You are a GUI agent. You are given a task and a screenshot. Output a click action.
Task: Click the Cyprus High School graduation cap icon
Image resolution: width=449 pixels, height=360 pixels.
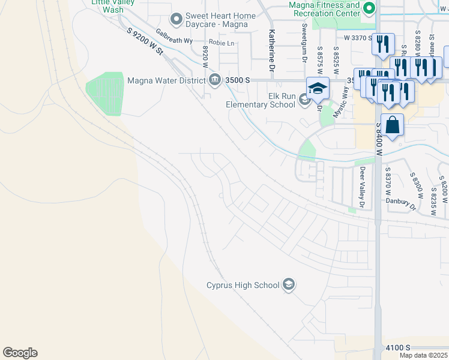pyautogui.click(x=289, y=284)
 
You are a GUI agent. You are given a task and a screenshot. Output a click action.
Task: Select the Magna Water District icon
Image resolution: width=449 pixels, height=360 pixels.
pyautogui.click(x=215, y=80)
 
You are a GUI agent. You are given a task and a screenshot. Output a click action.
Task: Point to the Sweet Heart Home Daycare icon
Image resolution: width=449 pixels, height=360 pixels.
pyautogui.click(x=176, y=20)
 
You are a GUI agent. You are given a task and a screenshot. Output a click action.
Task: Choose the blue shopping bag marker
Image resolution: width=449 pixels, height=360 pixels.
pyautogui.click(x=392, y=125)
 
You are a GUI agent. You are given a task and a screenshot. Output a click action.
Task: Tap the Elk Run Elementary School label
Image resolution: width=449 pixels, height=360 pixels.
pyautogui.click(x=261, y=100)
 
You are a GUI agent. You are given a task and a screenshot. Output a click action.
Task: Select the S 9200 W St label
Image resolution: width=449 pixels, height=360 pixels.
pyautogui.click(x=145, y=41)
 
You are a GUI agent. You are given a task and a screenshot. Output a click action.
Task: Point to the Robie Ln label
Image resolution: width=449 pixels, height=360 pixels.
pyautogui.click(x=221, y=44)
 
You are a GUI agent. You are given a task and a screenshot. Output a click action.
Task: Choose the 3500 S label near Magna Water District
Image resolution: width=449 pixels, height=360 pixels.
pyautogui.click(x=238, y=80)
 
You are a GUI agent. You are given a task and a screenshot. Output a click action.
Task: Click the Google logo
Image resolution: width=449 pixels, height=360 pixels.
pyautogui.click(x=20, y=353)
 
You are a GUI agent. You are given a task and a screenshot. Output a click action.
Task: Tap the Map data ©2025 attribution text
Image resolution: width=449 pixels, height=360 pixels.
pyautogui.click(x=423, y=355)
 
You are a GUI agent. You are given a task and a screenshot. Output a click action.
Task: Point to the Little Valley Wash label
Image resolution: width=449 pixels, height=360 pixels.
pyautogui.click(x=107, y=5)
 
